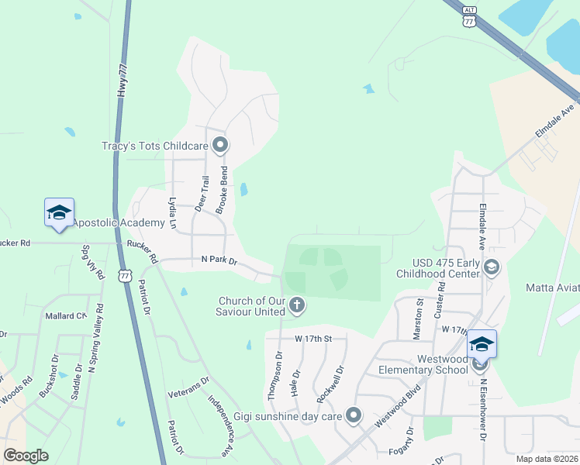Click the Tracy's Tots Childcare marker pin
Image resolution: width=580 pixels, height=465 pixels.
click(221, 145)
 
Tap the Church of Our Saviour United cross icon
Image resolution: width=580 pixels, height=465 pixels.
click(296, 307)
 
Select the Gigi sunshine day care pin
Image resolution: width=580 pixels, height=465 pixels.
click(354, 416)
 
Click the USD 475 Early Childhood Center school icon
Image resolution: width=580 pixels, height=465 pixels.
click(491, 267)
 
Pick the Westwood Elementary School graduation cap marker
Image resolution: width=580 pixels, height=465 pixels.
click(482, 343)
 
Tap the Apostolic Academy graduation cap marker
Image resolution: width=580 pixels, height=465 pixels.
click(59, 214)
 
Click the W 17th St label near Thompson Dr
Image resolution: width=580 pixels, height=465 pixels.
click(312, 339)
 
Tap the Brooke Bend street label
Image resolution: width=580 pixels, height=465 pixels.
click(223, 190)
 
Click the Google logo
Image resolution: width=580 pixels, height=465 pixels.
click(26, 456)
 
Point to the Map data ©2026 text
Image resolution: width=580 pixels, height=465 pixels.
click(547, 459)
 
